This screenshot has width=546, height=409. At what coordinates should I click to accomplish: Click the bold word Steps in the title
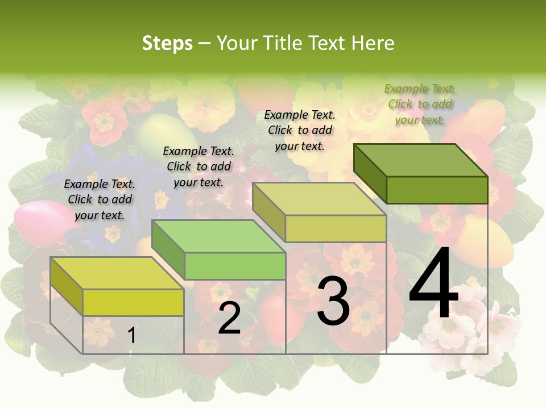point(167,43)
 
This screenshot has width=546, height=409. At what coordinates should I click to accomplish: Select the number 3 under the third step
point(333,302)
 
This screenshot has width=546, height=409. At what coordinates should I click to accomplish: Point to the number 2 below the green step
point(229,319)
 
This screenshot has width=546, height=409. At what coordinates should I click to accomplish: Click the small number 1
point(131,335)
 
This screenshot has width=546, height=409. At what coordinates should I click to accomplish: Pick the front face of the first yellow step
point(133,302)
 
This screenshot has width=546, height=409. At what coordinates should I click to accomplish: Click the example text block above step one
point(100,199)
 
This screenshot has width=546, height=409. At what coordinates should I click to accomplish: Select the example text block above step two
point(198,166)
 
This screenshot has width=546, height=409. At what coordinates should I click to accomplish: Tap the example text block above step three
point(300,130)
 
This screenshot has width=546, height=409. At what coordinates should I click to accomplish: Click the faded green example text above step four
point(420,104)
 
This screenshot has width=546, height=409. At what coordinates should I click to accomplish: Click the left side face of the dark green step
point(370,173)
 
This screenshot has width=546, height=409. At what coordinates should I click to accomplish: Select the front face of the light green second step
point(235,266)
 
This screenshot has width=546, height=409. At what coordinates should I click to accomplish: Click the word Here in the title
point(373,43)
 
